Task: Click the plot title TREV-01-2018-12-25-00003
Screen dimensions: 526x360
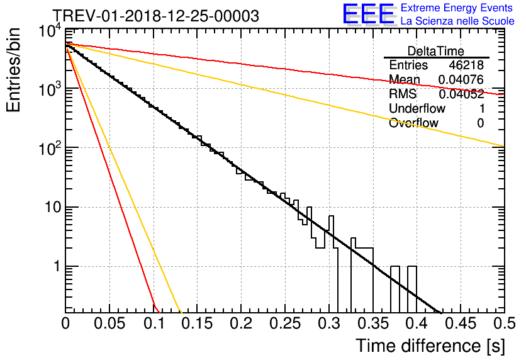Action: (156, 16)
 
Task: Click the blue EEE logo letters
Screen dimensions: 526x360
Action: (369, 14)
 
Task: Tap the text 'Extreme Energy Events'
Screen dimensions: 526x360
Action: (457, 8)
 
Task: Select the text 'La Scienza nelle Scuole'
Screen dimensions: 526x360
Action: (457, 21)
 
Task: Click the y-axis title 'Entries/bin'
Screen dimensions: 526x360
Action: (13, 70)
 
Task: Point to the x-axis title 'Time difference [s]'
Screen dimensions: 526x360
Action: (430, 346)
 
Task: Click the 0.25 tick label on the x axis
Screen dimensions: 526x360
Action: (285, 323)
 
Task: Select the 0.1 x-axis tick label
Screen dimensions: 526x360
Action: (154, 323)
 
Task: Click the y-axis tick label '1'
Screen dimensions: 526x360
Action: (57, 266)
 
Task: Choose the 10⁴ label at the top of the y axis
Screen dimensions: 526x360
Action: (50, 31)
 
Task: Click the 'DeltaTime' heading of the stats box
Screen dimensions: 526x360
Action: (436, 51)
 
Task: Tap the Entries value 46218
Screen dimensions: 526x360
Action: (466, 65)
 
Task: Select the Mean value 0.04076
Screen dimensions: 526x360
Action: (461, 80)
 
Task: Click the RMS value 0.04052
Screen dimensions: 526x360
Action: (461, 94)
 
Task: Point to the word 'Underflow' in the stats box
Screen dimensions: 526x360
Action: (417, 108)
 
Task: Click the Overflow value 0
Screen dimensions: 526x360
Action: (480, 123)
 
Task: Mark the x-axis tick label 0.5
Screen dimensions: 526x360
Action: (505, 323)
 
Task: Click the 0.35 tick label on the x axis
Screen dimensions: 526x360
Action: (373, 323)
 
